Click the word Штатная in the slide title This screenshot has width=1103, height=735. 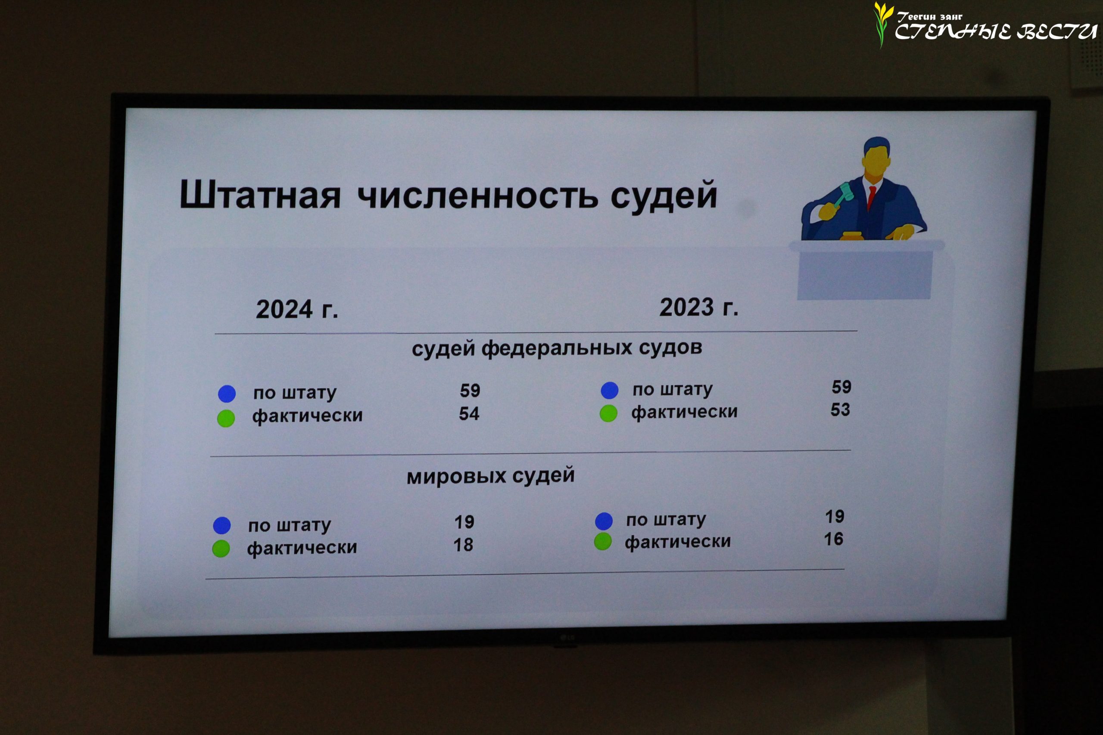pos(260,194)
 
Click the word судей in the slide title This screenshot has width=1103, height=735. pos(664,195)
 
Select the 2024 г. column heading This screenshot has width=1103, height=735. pos(297,310)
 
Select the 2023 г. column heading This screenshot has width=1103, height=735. pos(699,307)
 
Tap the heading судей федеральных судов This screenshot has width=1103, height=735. pos(557,348)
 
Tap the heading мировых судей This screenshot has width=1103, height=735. pos(491,476)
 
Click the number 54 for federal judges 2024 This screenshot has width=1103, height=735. pos(469,413)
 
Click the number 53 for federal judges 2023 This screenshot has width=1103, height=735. pos(840,409)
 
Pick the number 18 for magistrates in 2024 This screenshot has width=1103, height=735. pos(463,545)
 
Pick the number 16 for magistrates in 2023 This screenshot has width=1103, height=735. pos(834,539)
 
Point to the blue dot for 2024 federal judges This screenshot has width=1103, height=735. pos(227,394)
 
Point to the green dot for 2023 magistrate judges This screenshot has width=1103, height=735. pos(603,541)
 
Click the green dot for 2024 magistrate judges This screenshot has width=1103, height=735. pos(221,549)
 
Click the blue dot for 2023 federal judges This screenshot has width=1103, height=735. pos(610,390)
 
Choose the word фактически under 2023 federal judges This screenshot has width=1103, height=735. pos(684,412)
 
